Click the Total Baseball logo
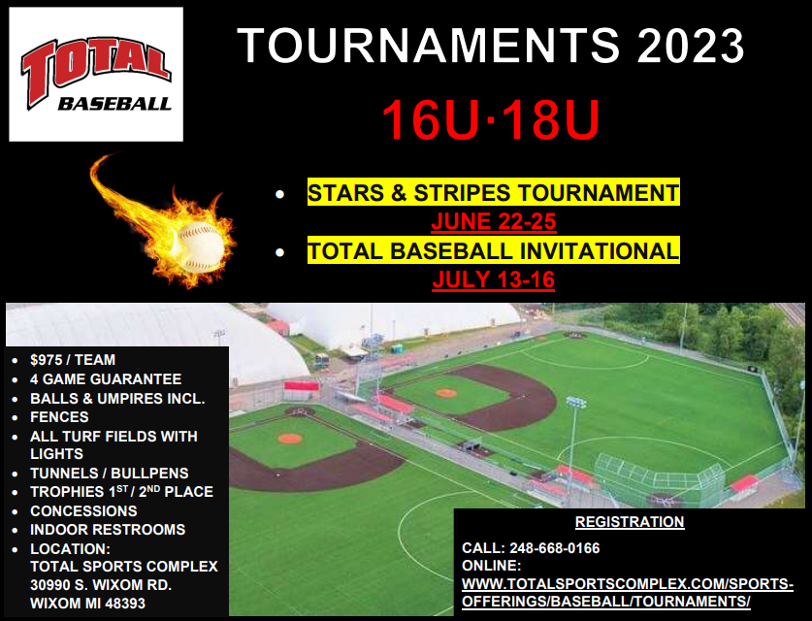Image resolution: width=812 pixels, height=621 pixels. [x=95, y=75]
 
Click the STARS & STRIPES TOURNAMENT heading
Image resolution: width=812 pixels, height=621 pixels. [x=493, y=193]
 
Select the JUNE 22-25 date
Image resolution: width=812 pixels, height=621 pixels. [x=493, y=222]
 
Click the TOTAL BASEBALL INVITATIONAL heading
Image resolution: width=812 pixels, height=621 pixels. [x=493, y=251]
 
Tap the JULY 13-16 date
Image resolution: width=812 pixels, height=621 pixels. [x=493, y=281]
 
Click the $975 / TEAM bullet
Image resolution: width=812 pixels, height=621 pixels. [x=73, y=360]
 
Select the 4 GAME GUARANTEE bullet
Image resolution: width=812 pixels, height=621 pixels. [x=106, y=379]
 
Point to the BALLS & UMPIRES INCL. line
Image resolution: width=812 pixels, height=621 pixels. [x=123, y=399]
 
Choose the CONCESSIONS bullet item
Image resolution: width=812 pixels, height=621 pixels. [x=83, y=510]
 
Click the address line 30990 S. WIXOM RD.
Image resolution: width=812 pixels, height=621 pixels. [x=101, y=584]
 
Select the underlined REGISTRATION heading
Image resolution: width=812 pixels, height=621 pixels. [x=629, y=522]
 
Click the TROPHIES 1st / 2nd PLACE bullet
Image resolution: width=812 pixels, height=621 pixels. [x=121, y=491]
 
